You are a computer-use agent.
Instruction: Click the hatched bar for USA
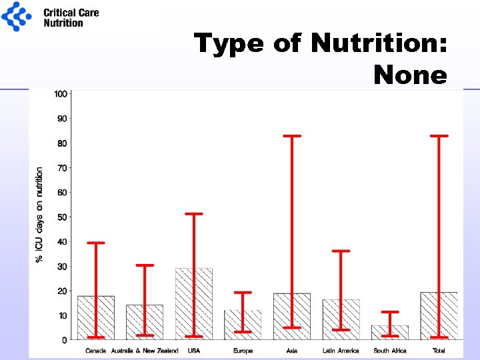194,304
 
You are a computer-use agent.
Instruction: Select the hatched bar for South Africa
390,332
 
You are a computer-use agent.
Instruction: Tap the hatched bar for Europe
243,325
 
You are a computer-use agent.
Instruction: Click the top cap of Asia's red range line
292,136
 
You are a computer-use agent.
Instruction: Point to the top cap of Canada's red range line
96,243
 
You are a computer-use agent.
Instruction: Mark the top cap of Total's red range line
439,136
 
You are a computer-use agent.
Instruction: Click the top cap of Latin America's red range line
341,251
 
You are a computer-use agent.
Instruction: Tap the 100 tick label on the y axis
61,94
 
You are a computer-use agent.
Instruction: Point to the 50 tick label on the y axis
62,217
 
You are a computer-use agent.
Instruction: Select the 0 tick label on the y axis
64,340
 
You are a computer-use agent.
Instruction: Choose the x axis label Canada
96,351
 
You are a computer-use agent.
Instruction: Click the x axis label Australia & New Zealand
145,351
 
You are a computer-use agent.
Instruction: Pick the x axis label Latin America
341,351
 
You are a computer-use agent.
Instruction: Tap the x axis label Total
439,351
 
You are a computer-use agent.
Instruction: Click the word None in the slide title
410,75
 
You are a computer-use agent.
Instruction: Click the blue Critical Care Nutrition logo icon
17,17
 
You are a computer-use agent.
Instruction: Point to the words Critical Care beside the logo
71,12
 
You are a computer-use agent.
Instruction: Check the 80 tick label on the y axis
62,143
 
